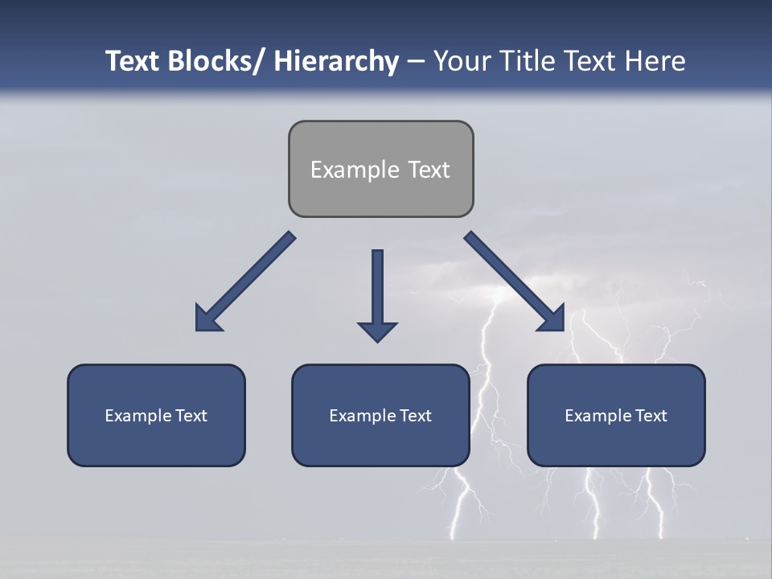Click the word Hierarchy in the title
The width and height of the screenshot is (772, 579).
pos(336,61)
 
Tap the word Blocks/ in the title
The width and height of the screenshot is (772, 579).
pos(216,61)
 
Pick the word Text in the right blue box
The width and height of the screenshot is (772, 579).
pos(651,416)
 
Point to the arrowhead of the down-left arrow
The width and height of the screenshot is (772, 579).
pos(207,318)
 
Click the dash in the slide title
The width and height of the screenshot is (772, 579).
pos(416,61)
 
